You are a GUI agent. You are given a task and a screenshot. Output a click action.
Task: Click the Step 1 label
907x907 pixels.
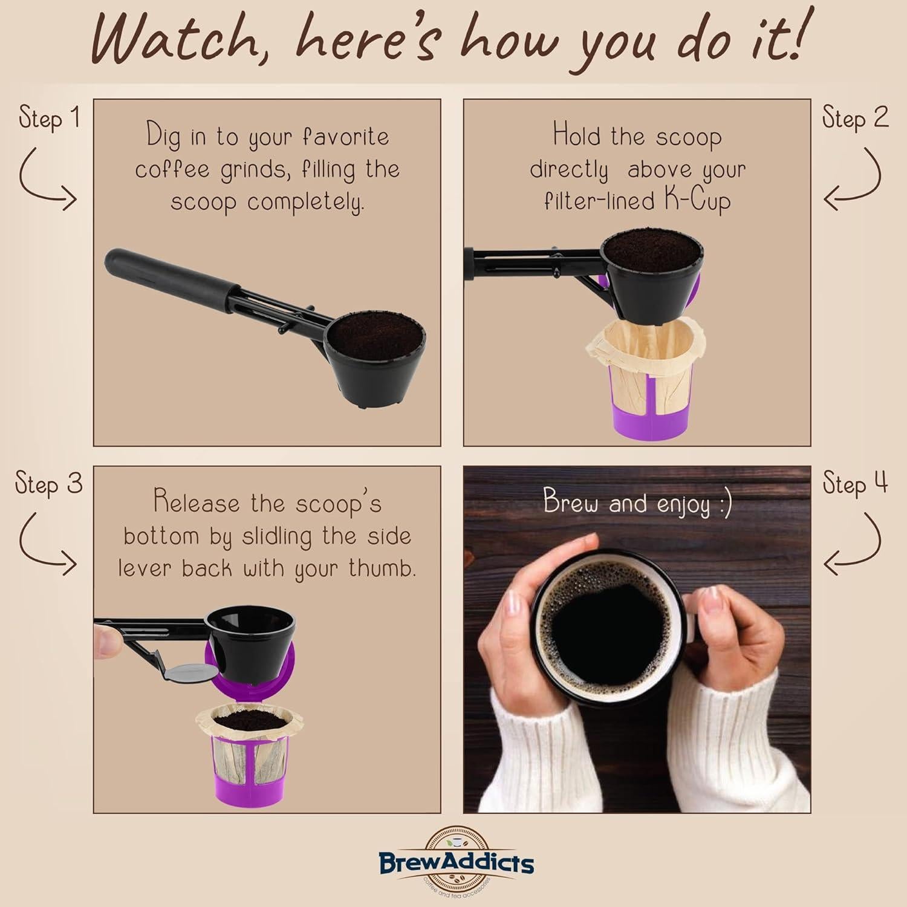pos(49,117)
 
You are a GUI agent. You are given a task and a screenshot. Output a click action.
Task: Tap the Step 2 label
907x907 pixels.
pos(855,117)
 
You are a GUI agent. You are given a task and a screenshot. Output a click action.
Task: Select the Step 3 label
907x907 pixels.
pos(48,484)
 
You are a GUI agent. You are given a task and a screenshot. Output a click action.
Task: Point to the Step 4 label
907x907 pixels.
pos(855,484)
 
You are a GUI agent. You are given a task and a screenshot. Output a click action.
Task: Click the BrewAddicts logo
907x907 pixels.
pos(456,862)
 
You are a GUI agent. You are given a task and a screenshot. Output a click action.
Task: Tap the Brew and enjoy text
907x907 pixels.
pos(637,503)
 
